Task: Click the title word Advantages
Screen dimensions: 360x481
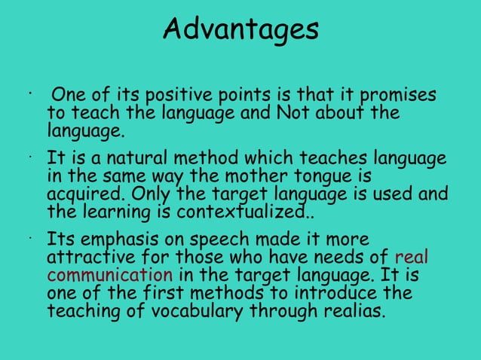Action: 240,30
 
